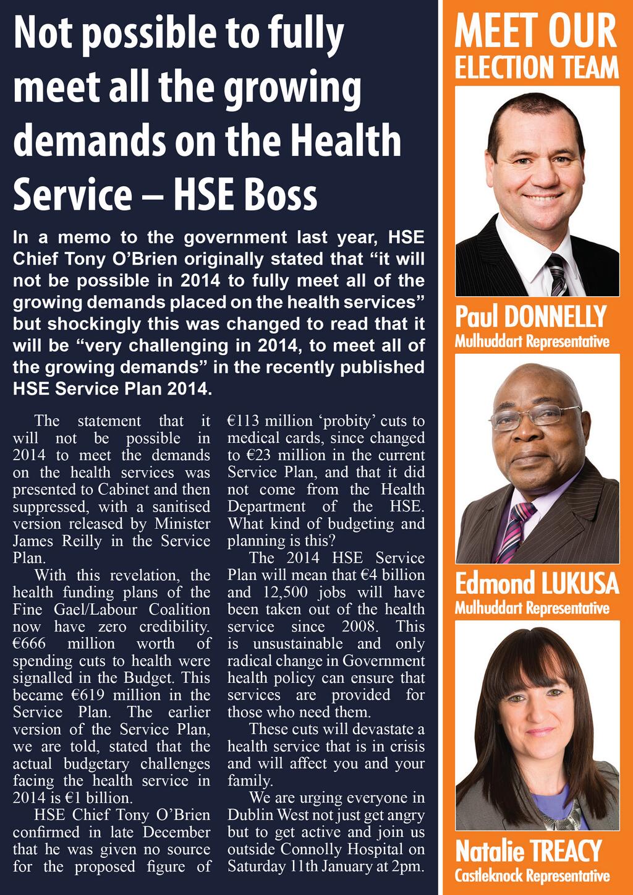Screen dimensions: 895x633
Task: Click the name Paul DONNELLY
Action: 531,317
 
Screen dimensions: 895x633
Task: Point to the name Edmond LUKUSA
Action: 537,584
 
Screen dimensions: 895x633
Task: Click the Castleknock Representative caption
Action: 532,876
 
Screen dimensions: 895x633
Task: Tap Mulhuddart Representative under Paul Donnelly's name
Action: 532,341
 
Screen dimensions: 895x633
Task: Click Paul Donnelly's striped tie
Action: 557,275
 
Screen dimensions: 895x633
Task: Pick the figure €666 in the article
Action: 29,644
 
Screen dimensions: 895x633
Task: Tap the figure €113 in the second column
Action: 244,421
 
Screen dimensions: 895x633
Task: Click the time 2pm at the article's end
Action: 409,867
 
